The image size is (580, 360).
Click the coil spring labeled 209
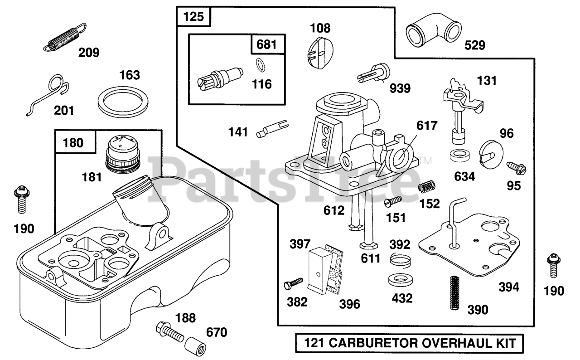65,37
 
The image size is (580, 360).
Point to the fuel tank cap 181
123,155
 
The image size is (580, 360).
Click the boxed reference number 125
193,17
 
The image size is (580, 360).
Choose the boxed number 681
266,44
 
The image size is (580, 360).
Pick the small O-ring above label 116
260,65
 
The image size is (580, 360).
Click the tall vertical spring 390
454,292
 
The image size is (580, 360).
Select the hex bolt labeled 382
293,284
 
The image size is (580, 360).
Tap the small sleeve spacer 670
195,346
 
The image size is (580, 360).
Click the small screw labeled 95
516,168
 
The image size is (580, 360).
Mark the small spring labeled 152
427,186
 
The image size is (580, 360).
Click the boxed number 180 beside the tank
73,143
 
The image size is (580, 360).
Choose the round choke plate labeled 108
320,53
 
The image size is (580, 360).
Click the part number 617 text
427,126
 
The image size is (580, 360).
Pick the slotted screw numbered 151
393,201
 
